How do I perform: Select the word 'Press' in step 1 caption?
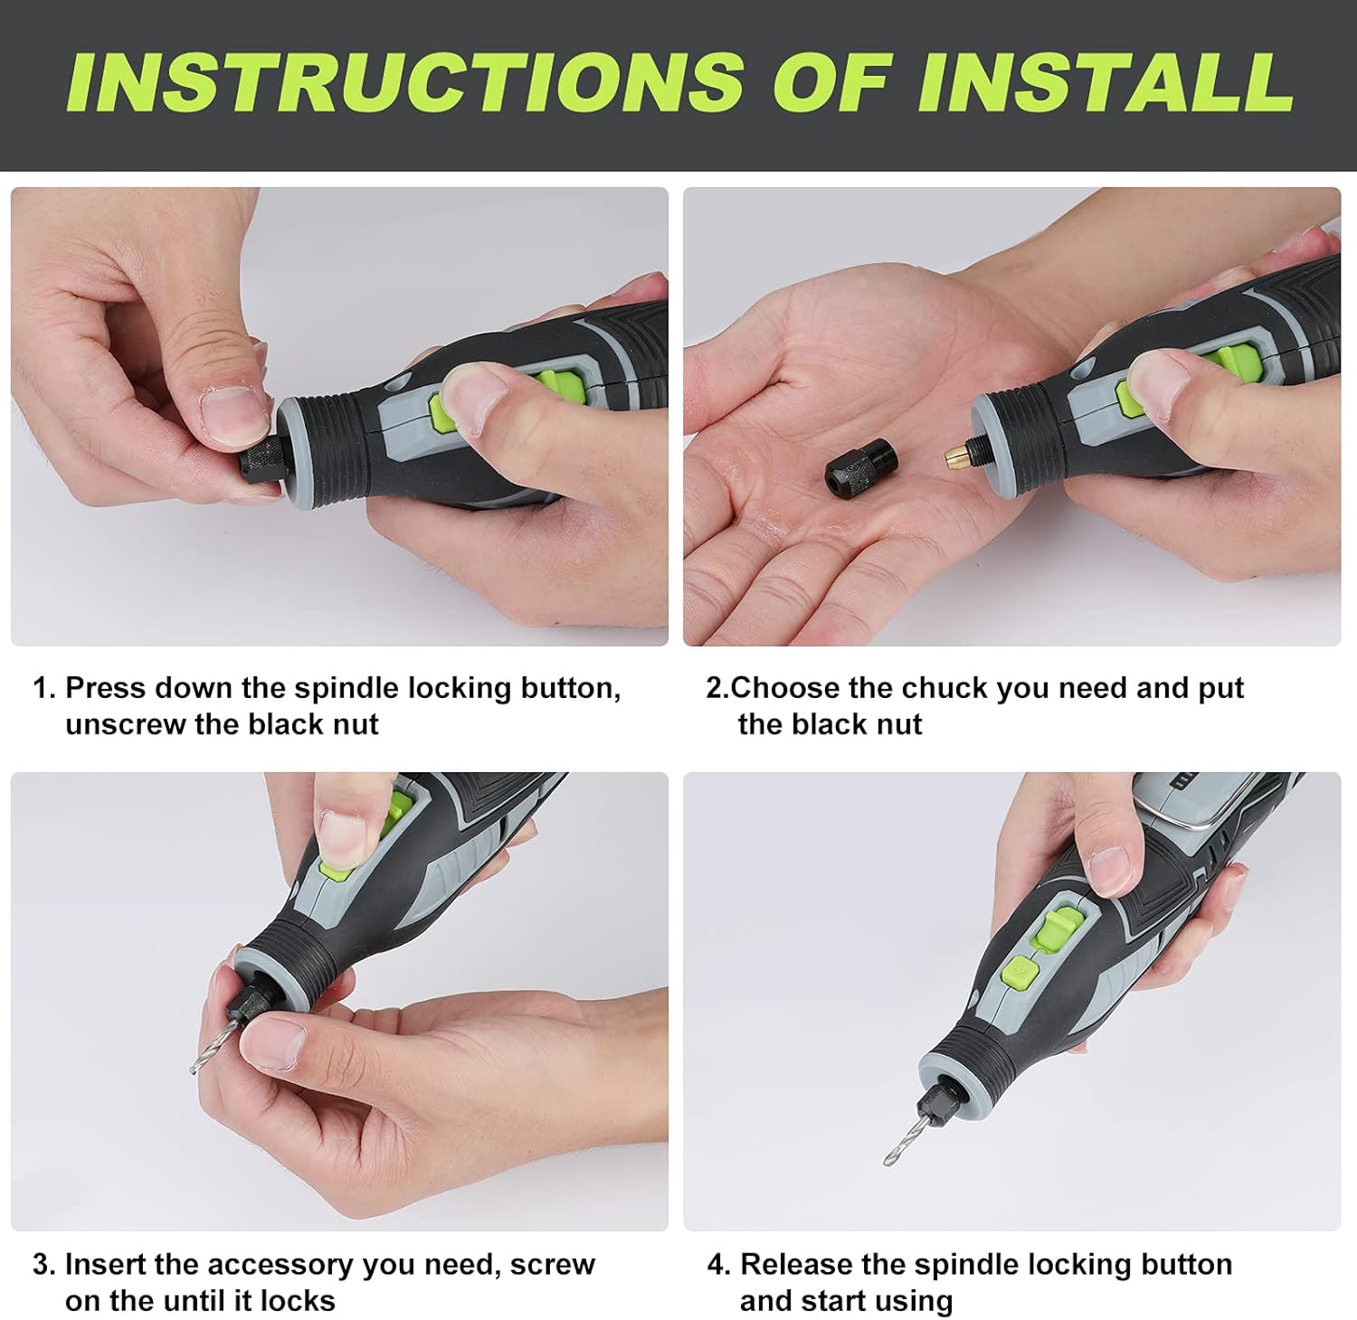(105, 689)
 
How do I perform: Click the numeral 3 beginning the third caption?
(41, 1265)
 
